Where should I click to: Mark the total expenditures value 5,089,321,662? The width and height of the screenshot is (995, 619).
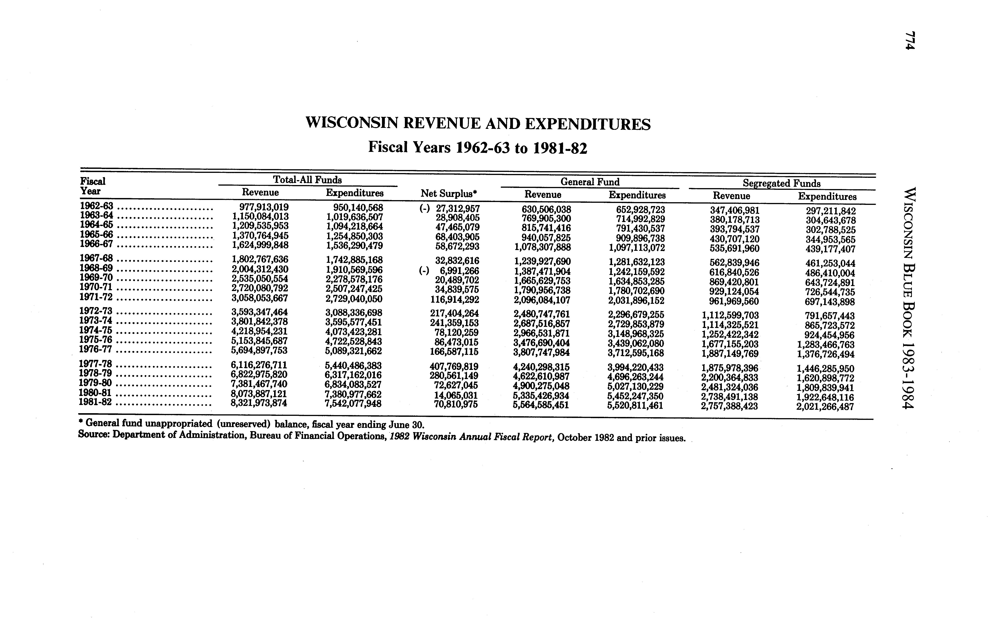click(x=353, y=351)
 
